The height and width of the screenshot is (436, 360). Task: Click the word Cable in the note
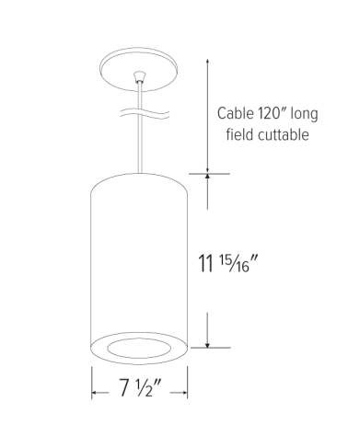click(237, 115)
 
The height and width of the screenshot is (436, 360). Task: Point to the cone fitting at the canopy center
click(139, 77)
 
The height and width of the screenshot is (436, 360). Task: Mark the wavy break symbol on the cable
click(142, 114)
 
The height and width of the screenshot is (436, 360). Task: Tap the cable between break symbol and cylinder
click(141, 147)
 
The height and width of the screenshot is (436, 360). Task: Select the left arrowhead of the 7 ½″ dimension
click(96, 395)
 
